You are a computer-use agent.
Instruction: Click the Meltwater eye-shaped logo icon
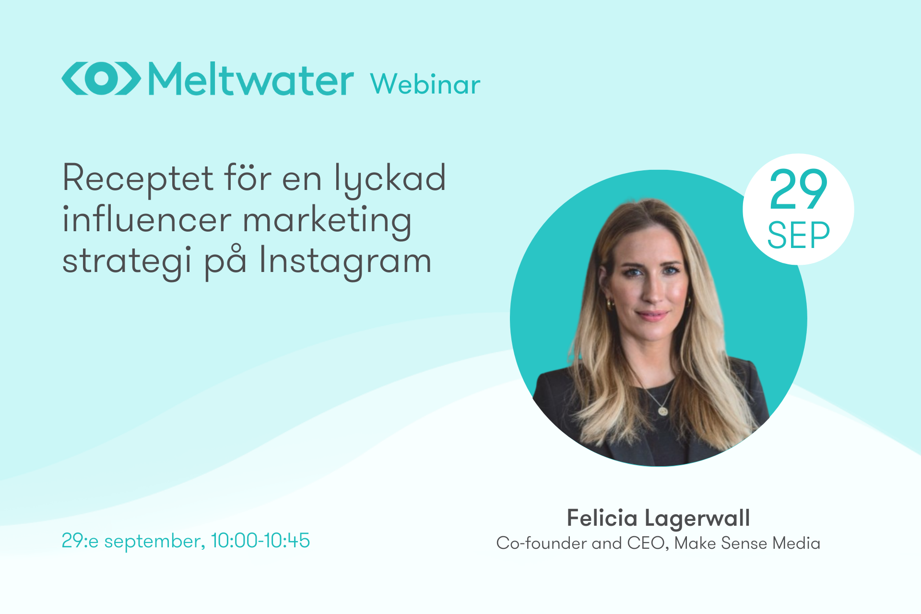[101, 78]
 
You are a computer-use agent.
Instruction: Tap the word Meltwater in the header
[251, 79]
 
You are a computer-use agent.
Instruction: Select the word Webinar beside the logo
[425, 85]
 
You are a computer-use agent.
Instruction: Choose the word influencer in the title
[147, 220]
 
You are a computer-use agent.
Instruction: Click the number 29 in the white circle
[798, 189]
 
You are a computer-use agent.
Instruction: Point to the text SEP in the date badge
[798, 236]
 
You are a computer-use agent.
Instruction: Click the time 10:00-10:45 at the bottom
[260, 541]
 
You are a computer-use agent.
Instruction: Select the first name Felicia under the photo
[602, 518]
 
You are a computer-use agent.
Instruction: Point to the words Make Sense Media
[747, 543]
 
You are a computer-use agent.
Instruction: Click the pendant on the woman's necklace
[663, 411]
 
